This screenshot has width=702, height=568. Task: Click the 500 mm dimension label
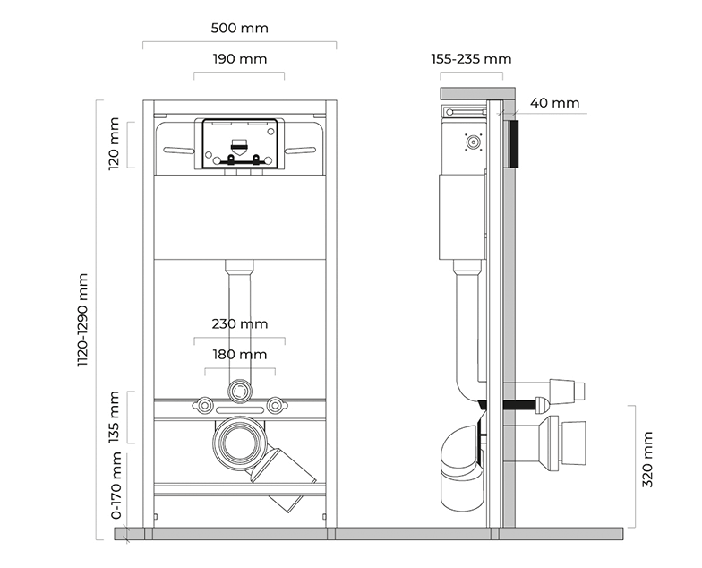pyautogui.click(x=239, y=28)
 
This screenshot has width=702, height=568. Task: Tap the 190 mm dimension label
pyautogui.click(x=239, y=59)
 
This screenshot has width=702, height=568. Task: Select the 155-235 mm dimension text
pyautogui.click(x=471, y=59)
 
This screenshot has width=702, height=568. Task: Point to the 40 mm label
pyautogui.click(x=554, y=103)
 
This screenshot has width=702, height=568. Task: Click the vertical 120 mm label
pyautogui.click(x=114, y=144)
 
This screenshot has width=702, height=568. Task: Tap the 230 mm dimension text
pyautogui.click(x=239, y=324)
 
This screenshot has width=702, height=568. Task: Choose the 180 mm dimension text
pyautogui.click(x=239, y=355)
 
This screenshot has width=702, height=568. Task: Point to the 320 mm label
pyautogui.click(x=647, y=459)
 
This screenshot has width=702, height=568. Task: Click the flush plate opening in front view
pyautogui.click(x=238, y=143)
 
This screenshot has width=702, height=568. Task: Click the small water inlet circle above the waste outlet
pyautogui.click(x=238, y=390)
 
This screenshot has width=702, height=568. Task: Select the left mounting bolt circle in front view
pyautogui.click(x=205, y=405)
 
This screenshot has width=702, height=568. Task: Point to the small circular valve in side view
pyautogui.click(x=471, y=141)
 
